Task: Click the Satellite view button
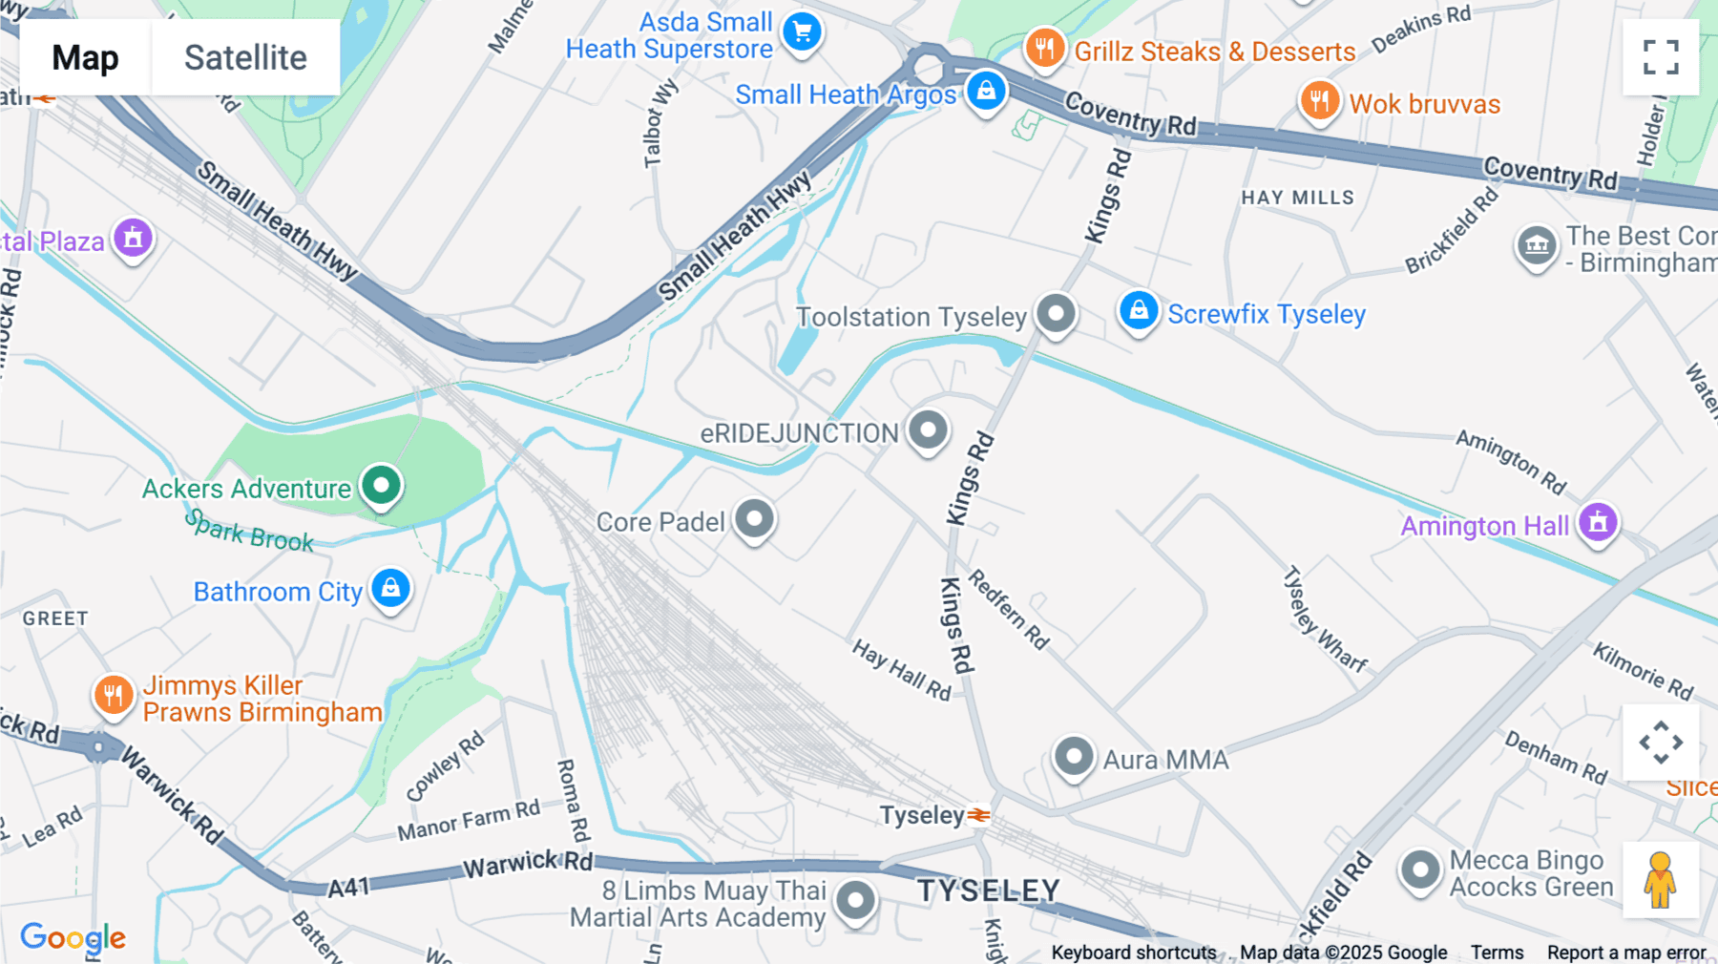point(245,57)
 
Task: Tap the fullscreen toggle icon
point(1661,57)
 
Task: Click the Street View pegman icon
point(1661,880)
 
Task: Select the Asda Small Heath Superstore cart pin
point(802,33)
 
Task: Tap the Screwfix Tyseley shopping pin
point(1139,311)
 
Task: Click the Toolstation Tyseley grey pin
point(1056,313)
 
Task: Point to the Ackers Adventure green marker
point(382,486)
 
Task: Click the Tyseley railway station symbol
point(978,815)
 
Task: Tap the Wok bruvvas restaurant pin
point(1319,100)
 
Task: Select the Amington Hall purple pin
point(1598,523)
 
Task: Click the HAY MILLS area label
point(1297,198)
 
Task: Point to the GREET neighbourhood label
point(55,618)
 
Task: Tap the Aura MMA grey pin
point(1073,758)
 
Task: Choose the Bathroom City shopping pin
point(391,589)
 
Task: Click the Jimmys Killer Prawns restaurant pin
point(113,695)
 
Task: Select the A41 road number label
point(348,889)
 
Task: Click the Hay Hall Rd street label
point(902,670)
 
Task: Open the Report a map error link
point(1626,953)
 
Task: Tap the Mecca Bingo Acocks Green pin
point(1420,870)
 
